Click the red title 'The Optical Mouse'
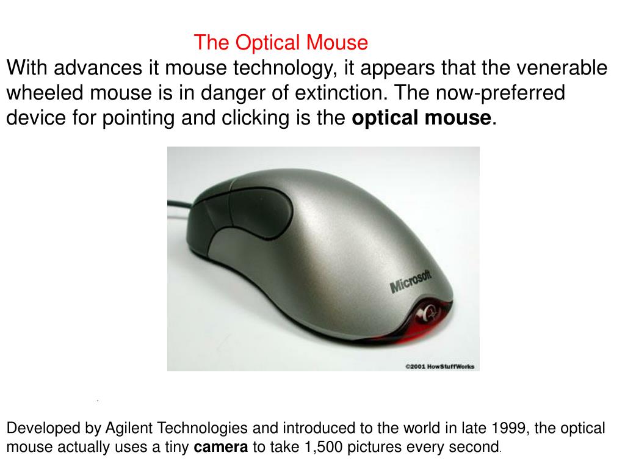pyautogui.click(x=281, y=43)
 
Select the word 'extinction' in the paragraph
pyautogui.click(x=342, y=93)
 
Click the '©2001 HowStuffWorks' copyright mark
pyautogui.click(x=439, y=366)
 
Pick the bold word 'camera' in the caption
pyautogui.click(x=220, y=448)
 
